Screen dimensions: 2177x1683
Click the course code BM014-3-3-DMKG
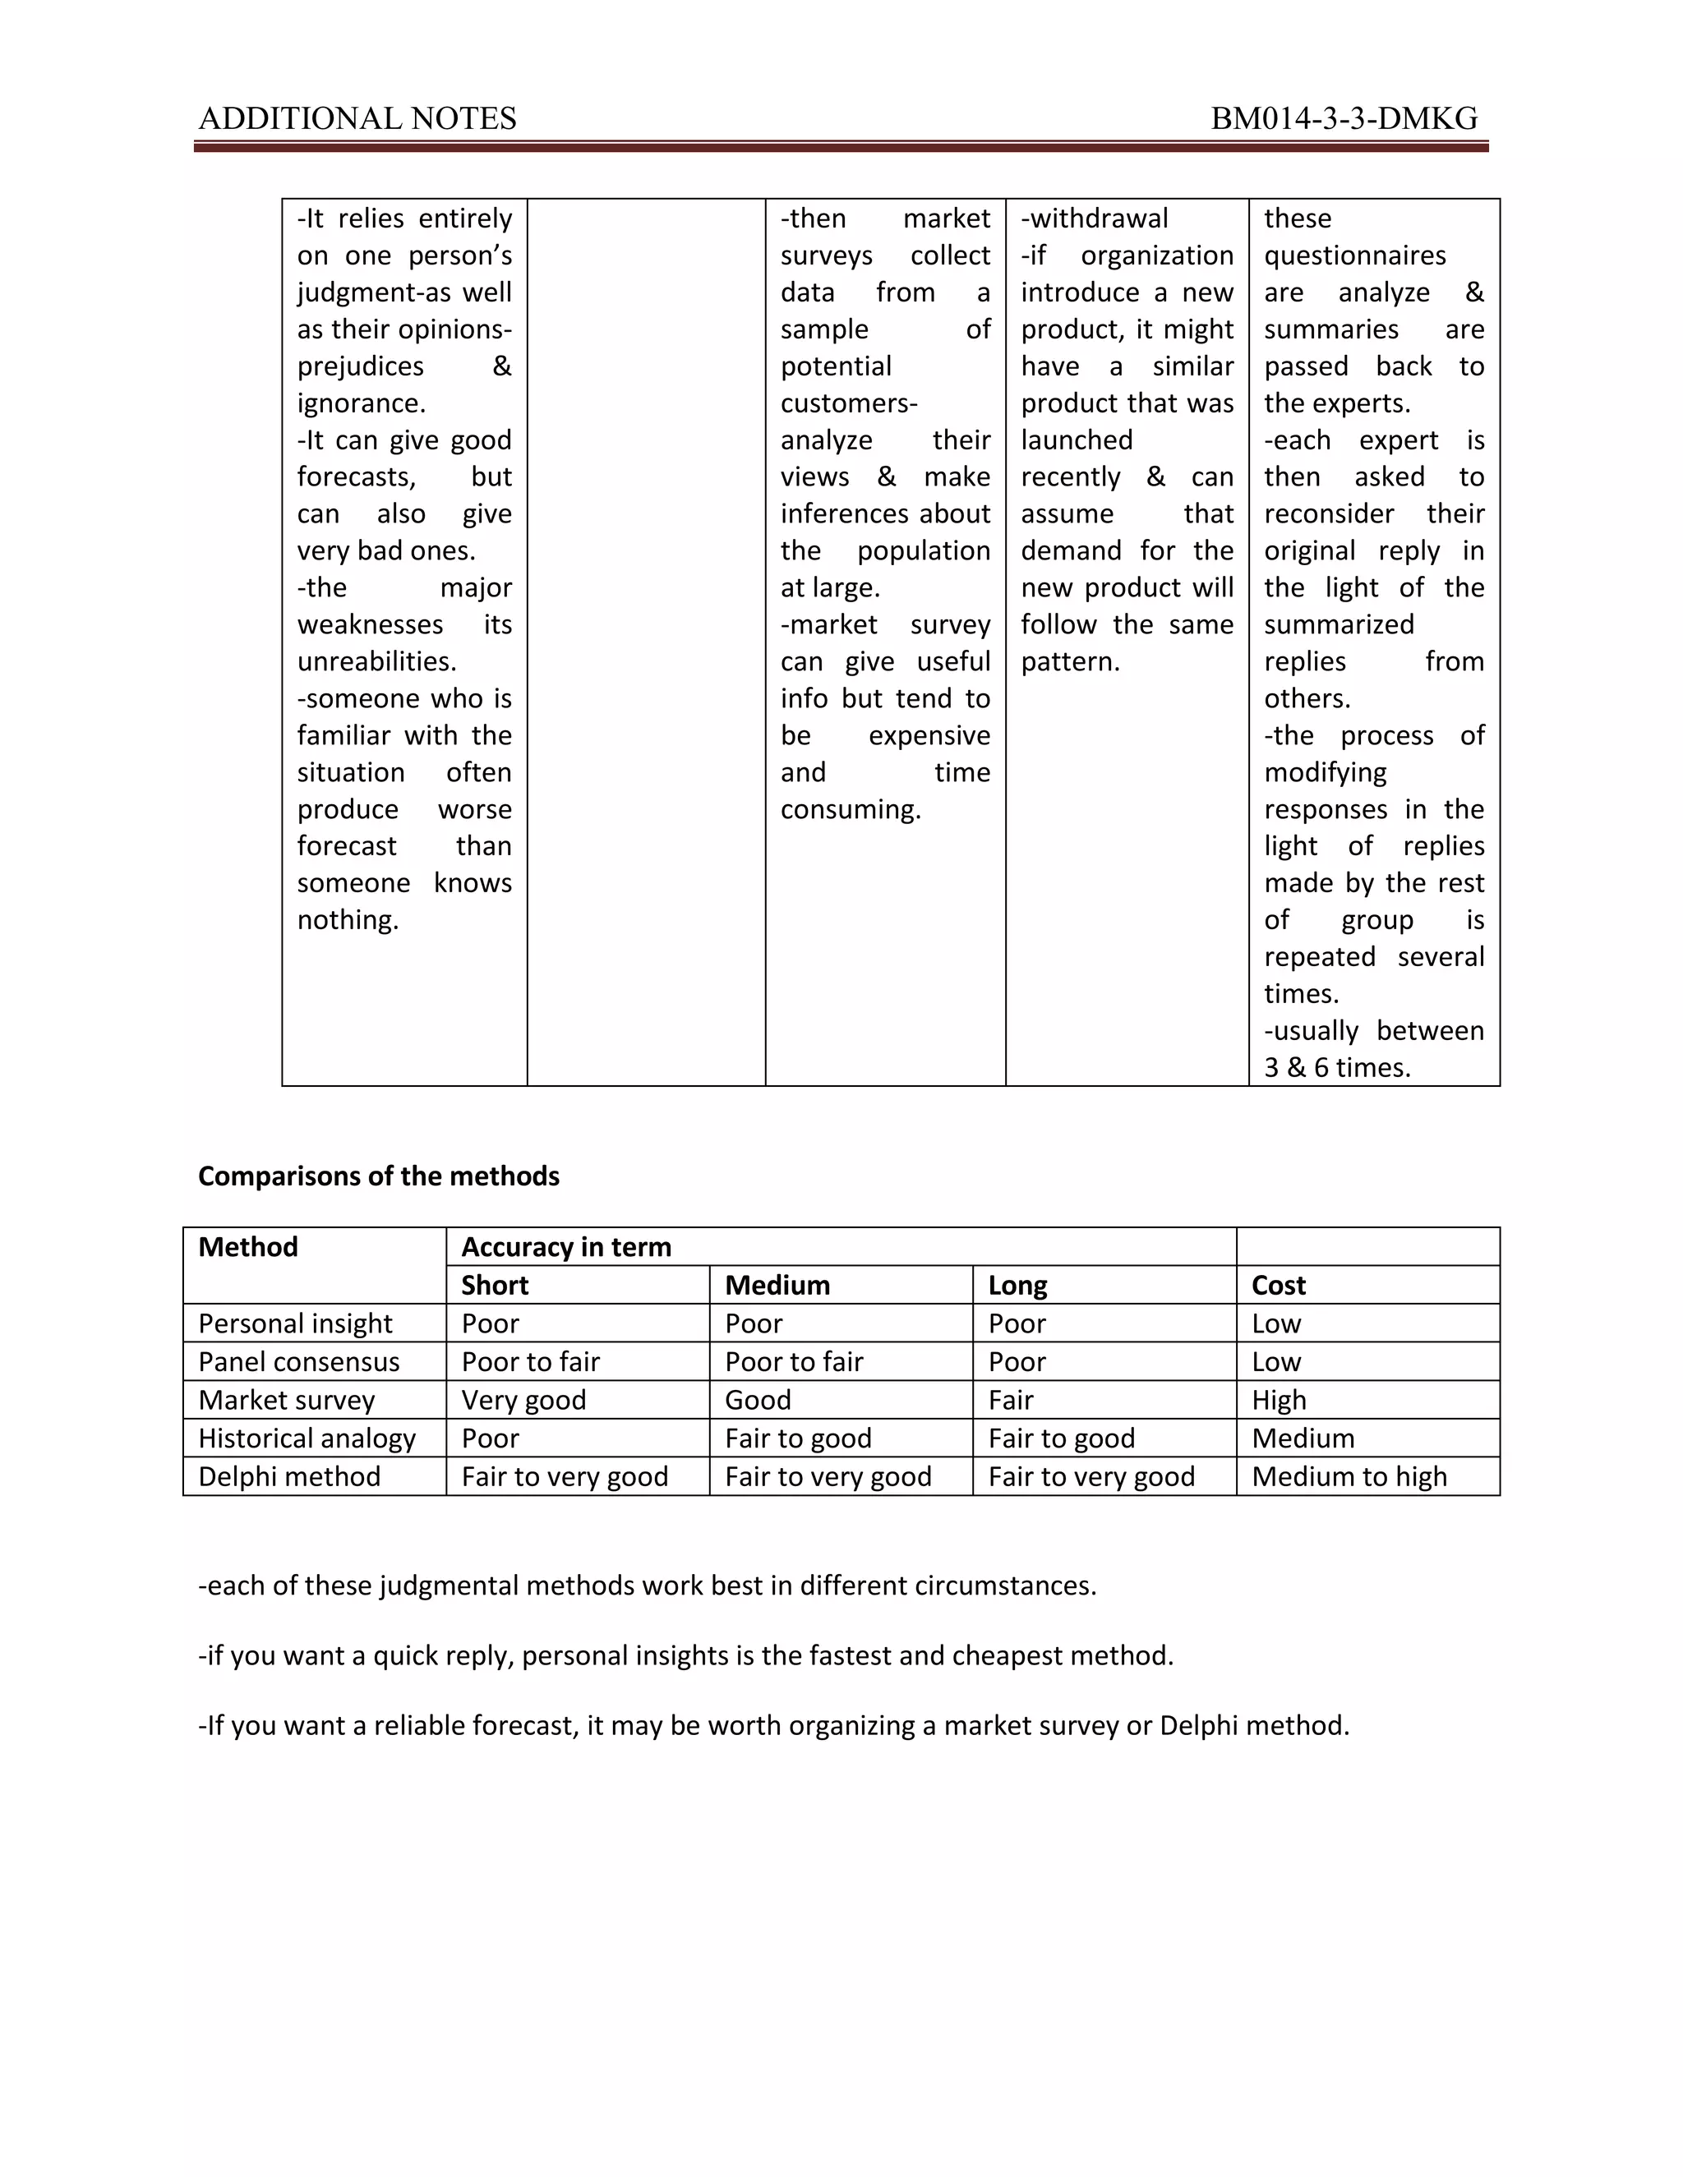1343,118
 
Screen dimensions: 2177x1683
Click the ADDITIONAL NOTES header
357,118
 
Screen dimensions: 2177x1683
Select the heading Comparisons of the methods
378,1176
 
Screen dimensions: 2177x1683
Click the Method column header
248,1247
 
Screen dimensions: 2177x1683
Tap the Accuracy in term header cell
565,1247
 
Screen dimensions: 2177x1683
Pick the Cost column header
1277,1285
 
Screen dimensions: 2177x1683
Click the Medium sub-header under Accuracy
777,1285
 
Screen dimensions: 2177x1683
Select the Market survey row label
286,1401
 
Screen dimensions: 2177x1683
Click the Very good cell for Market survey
523,1401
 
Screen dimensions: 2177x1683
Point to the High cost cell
1278,1401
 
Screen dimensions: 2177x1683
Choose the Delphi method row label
289,1476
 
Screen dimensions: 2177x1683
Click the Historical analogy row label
306,1438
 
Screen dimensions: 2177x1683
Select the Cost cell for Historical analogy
1303,1438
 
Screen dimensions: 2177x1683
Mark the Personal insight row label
295,1323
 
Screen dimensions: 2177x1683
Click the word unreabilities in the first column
376,662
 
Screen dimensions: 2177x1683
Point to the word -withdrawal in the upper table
1094,219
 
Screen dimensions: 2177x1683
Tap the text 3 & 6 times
1336,1068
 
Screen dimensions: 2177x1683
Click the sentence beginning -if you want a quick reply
685,1655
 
